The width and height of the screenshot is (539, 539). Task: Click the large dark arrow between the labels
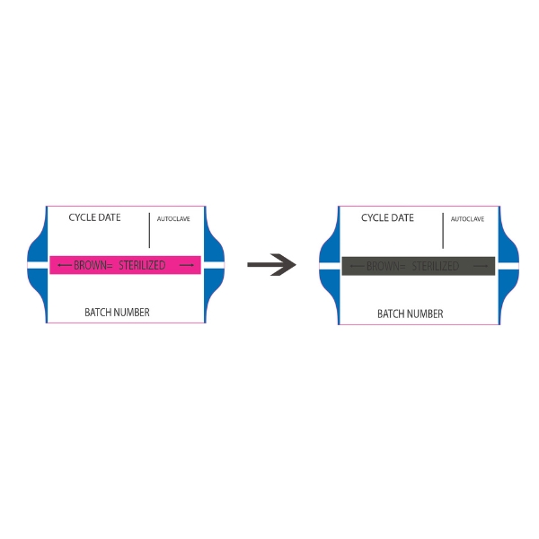pyautogui.click(x=271, y=265)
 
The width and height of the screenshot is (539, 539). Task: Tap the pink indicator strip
pyautogui.click(x=124, y=265)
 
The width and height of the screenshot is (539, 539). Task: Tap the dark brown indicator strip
pyautogui.click(x=418, y=266)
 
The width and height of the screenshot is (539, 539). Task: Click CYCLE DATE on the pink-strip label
pyautogui.click(x=94, y=218)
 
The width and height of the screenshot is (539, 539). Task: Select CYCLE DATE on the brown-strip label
pyautogui.click(x=387, y=218)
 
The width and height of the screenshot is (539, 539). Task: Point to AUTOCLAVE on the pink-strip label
pyautogui.click(x=173, y=219)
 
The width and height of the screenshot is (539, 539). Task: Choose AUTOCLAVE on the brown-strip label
pyautogui.click(x=467, y=219)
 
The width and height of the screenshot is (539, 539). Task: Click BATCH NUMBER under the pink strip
pyautogui.click(x=117, y=313)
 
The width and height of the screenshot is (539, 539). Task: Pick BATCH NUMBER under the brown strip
pyautogui.click(x=410, y=314)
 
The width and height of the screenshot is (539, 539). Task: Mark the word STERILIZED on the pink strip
pyautogui.click(x=142, y=266)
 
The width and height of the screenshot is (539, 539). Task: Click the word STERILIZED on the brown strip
pyautogui.click(x=435, y=267)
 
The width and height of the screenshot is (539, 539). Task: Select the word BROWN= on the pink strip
pyautogui.click(x=93, y=266)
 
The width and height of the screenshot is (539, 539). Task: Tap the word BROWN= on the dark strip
pyautogui.click(x=385, y=267)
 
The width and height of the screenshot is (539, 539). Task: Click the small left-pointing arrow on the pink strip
pyautogui.click(x=64, y=266)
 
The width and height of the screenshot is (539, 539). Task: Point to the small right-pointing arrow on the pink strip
pyautogui.click(x=187, y=266)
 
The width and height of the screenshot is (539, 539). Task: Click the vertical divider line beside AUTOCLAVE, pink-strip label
pyautogui.click(x=149, y=230)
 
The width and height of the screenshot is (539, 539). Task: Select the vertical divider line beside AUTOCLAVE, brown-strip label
pyautogui.click(x=443, y=230)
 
